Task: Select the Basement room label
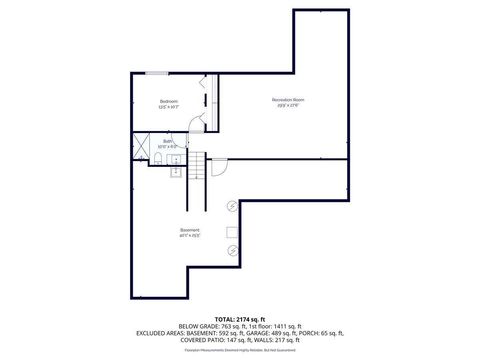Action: pyautogui.click(x=190, y=234)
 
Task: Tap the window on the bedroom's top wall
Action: pyautogui.click(x=157, y=73)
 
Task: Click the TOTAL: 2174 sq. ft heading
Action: pyautogui.click(x=240, y=317)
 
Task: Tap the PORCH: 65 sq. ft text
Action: pyautogui.click(x=327, y=333)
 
